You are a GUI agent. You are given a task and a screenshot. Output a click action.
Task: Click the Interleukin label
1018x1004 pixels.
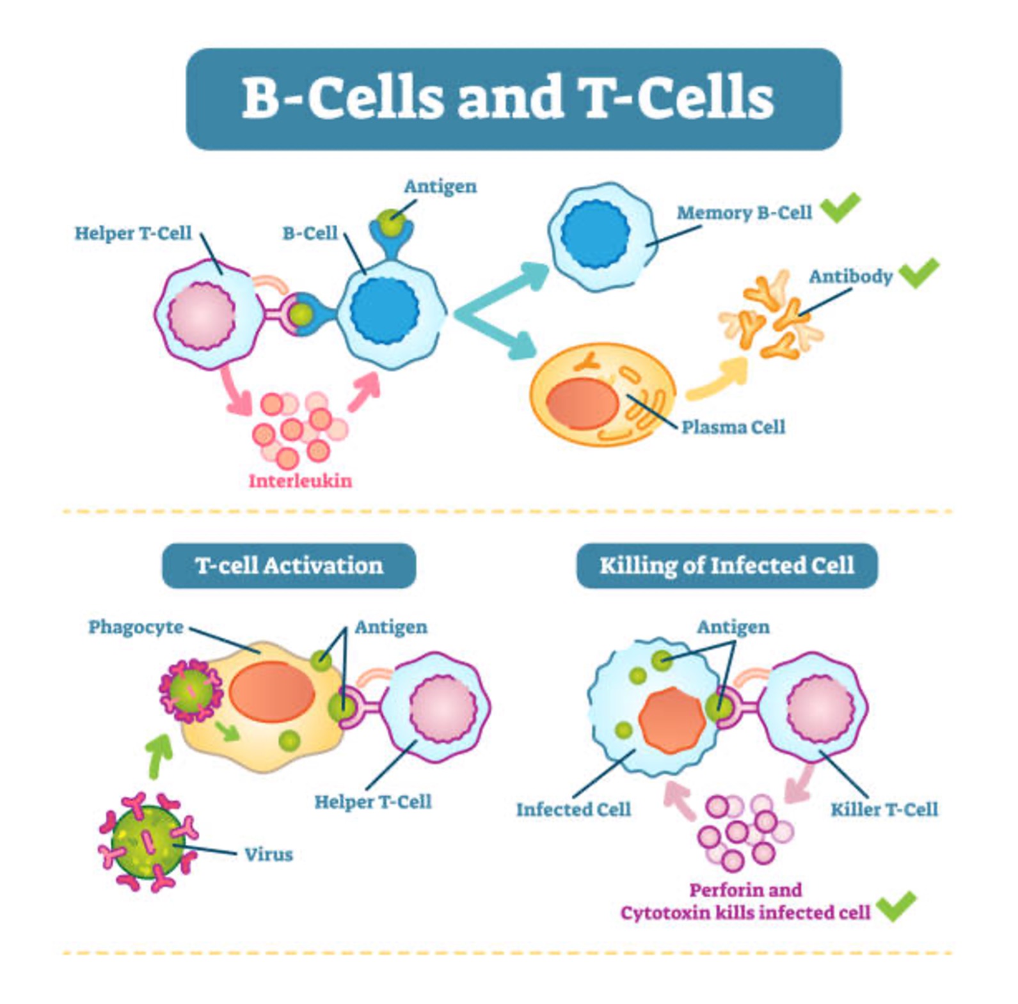click(300, 481)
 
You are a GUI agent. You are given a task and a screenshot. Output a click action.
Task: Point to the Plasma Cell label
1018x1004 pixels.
click(733, 427)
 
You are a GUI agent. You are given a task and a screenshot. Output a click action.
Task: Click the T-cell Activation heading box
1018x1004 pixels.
click(289, 566)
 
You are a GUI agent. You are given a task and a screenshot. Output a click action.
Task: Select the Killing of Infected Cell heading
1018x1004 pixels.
click(727, 566)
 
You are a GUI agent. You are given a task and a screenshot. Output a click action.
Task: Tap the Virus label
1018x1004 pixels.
click(269, 854)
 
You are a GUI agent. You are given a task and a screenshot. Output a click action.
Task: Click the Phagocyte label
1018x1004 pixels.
click(136, 627)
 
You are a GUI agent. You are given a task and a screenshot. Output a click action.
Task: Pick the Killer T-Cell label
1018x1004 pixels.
click(884, 810)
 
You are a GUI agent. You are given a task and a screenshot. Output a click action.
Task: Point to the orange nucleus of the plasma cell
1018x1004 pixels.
click(582, 403)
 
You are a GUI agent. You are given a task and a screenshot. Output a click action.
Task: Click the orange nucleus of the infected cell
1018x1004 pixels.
click(672, 721)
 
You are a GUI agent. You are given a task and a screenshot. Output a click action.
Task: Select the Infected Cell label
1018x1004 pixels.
click(573, 810)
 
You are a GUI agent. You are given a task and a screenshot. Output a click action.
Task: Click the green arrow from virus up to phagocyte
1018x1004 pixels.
click(160, 756)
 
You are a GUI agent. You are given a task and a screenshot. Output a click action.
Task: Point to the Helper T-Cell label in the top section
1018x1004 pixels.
click(133, 233)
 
